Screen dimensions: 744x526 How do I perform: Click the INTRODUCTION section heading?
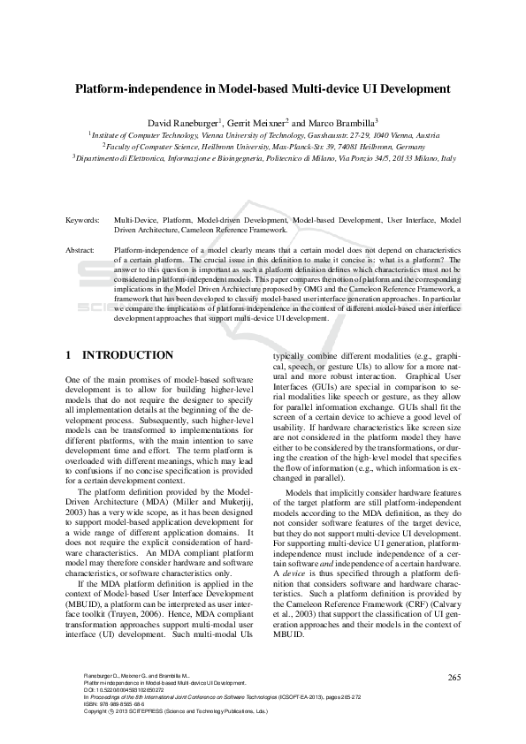127,355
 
